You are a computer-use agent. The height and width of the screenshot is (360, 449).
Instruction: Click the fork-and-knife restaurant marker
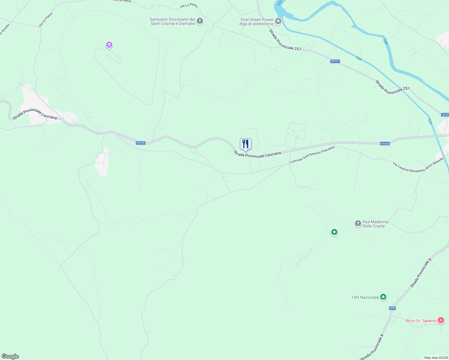[x=246, y=144]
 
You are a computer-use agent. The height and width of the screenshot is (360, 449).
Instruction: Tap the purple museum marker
[x=109, y=45]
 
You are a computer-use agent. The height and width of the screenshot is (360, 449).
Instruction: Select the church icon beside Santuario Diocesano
[x=200, y=21]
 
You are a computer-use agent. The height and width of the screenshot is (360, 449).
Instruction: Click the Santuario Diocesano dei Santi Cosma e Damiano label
[x=173, y=21]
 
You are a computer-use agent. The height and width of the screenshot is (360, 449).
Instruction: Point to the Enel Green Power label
[x=257, y=22]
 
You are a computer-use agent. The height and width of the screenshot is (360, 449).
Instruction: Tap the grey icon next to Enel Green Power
[x=278, y=21]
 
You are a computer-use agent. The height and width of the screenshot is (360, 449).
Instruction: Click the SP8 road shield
[x=392, y=308]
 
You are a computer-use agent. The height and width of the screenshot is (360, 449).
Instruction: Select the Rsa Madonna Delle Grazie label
[x=375, y=224]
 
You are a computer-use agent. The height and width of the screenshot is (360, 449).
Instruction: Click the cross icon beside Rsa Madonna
[x=358, y=223]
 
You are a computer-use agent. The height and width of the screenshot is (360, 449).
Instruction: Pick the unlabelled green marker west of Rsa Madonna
[x=334, y=232]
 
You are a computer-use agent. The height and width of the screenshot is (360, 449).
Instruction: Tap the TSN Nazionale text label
[x=365, y=297]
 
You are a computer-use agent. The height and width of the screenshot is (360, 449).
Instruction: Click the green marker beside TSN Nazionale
[x=383, y=297]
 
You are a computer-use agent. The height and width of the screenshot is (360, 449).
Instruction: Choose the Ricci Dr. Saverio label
[x=421, y=321]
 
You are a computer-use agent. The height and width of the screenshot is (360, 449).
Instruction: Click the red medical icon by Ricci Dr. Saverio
[x=441, y=320]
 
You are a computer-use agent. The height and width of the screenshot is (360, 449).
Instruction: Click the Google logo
[x=10, y=356]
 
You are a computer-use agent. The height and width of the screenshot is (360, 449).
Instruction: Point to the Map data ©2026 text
[x=436, y=358]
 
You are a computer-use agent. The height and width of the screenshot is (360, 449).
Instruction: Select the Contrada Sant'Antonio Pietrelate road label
[x=312, y=155]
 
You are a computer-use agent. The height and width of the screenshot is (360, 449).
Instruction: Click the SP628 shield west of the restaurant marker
[x=140, y=143]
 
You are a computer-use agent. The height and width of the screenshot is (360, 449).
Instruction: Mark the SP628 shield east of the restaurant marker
[x=385, y=144]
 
